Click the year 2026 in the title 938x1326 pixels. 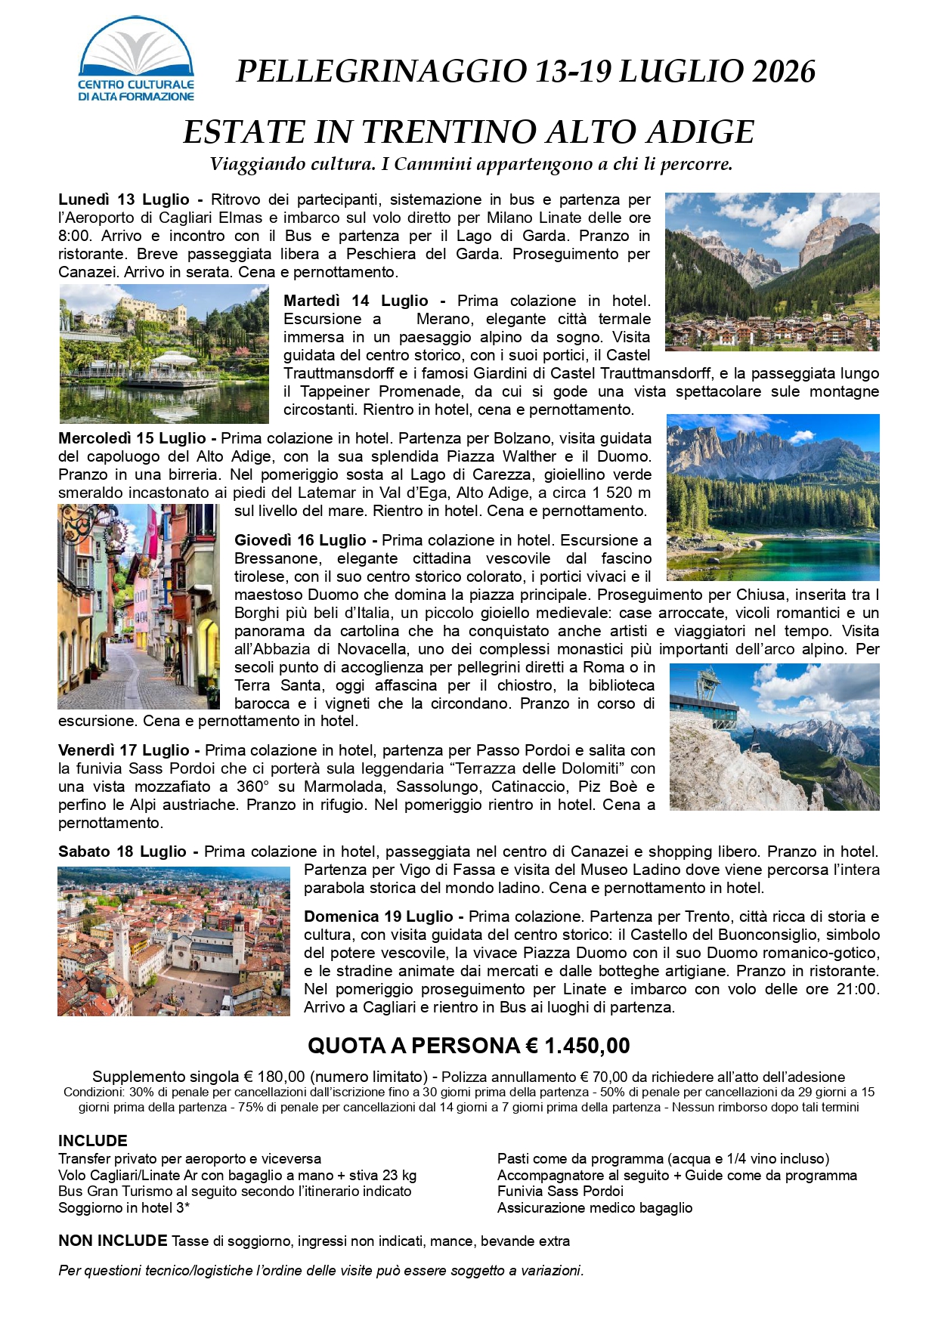pos(783,72)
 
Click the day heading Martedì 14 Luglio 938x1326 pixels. pos(356,301)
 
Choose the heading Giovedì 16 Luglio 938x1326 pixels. pos(300,541)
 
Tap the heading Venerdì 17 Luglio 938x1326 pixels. pos(123,751)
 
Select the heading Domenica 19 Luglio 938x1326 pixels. pos(378,917)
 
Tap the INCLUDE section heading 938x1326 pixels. pos(93,1141)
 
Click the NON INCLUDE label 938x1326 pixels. pos(113,1241)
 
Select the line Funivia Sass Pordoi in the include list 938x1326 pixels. pos(560,1192)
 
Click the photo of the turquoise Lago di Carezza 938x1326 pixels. pos(772,497)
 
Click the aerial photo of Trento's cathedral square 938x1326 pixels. pos(174,941)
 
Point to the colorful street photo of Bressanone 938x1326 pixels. pos(138,607)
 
